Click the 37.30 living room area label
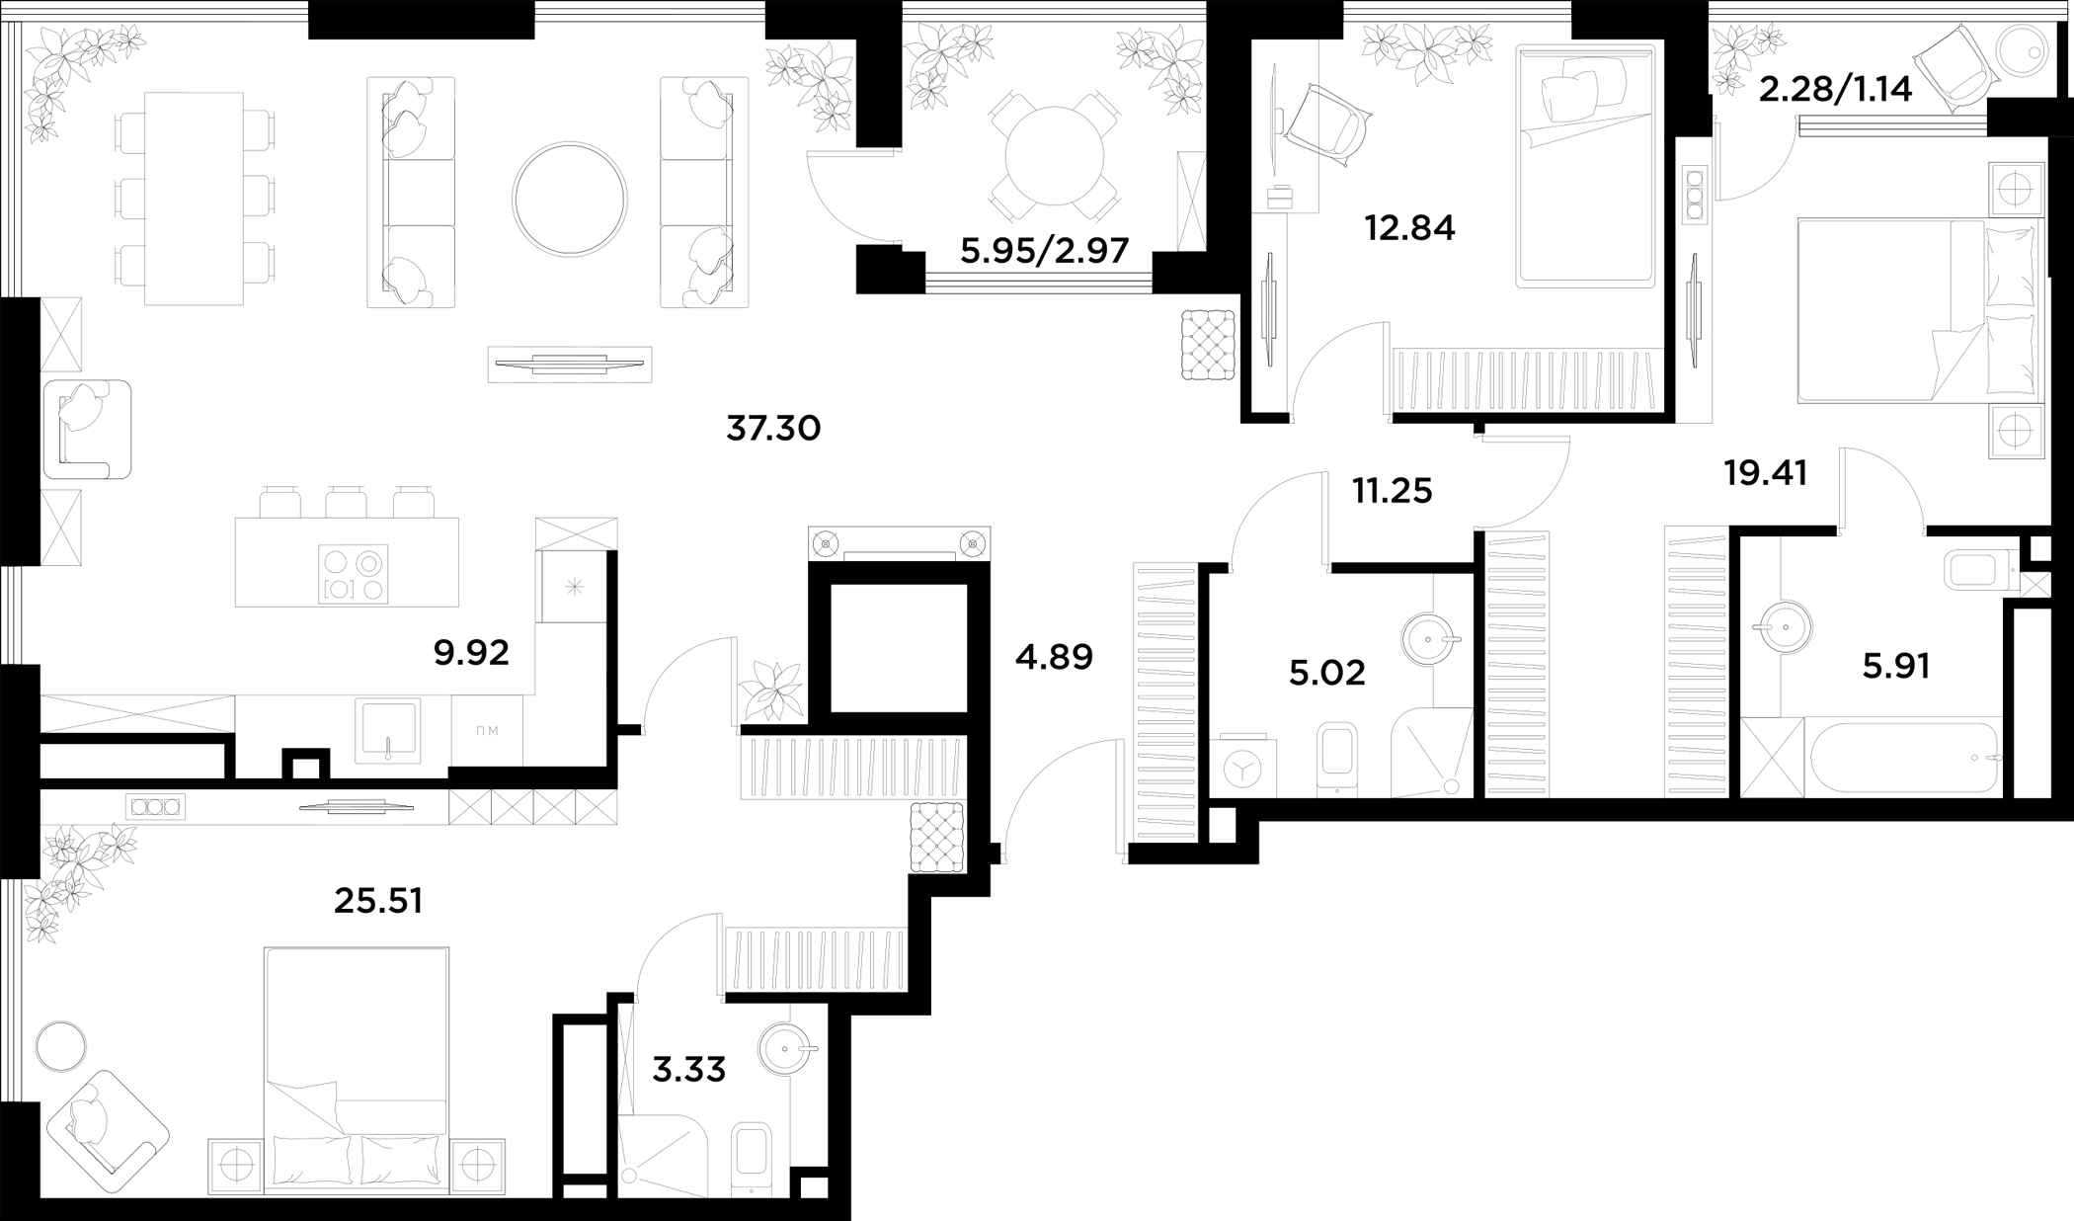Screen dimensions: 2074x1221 pos(773,429)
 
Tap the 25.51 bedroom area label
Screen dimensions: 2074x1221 pos(378,901)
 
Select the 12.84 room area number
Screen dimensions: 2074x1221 pos(1409,228)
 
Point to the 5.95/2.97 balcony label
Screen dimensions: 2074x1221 pos(1044,251)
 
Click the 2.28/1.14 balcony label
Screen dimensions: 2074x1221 pos(1836,91)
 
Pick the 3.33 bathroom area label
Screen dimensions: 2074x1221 pos(689,1069)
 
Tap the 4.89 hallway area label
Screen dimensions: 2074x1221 pos(1054,657)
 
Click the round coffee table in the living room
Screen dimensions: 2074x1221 pos(569,200)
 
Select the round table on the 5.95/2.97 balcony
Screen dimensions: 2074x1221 pos(1054,156)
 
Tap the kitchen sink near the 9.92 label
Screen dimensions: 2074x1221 pos(388,730)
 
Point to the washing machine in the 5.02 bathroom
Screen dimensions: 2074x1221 pos(1242,766)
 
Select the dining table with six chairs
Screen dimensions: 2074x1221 pos(195,199)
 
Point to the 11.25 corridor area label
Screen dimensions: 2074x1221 pos(1393,491)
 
